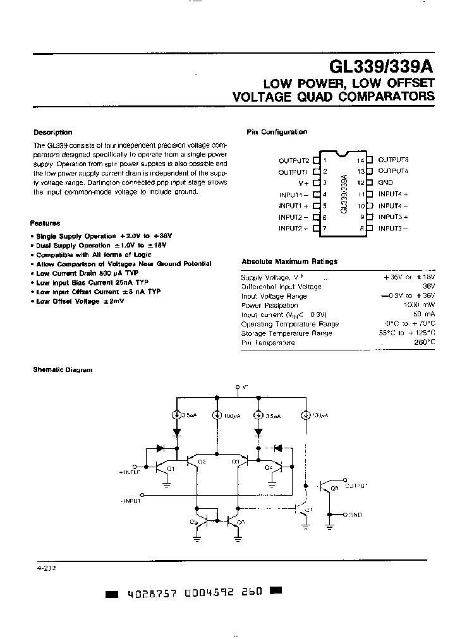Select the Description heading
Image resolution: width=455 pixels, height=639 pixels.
(52, 133)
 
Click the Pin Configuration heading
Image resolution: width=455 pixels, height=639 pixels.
(276, 132)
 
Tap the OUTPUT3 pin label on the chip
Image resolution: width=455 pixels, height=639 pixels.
(393, 160)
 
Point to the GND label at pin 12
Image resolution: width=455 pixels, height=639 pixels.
(385, 182)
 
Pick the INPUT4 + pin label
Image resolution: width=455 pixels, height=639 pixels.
(393, 194)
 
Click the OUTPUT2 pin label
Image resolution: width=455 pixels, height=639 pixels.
(294, 160)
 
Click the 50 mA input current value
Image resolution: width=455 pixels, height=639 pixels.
(423, 314)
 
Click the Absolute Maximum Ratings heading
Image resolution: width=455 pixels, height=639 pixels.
(289, 261)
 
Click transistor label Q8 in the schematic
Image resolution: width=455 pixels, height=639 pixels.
(335, 488)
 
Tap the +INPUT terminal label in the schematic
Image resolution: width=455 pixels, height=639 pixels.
(131, 472)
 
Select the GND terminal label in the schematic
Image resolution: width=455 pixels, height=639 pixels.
(355, 515)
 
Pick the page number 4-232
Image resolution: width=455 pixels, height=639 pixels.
(46, 568)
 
